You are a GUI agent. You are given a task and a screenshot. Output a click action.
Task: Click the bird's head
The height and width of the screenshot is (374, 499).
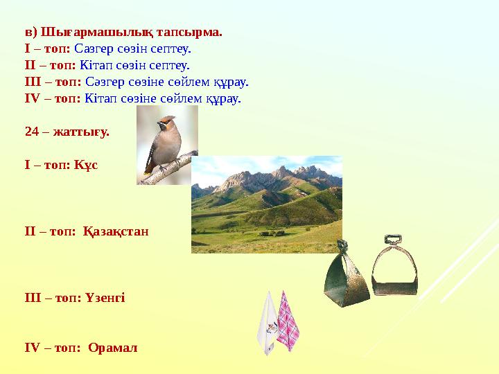click(165, 125)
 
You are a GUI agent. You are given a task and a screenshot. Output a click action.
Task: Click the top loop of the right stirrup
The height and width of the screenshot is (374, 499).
click(393, 240)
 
